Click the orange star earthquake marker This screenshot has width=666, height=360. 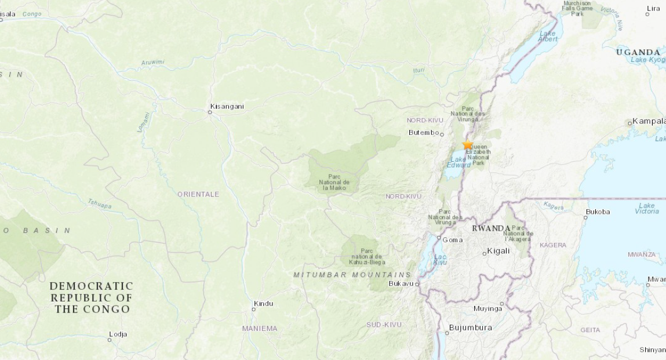468,145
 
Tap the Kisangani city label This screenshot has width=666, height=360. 227,106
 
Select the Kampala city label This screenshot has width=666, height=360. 649,121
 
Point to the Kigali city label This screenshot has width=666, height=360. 498,251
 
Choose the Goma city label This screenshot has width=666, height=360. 453,239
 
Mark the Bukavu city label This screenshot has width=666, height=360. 401,283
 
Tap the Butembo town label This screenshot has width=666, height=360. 424,133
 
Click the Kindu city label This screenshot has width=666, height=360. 263,303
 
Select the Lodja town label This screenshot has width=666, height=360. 118,334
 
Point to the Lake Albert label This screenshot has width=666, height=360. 548,36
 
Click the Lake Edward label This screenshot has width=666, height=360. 457,162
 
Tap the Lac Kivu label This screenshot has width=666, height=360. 441,259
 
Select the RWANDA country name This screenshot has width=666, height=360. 491,228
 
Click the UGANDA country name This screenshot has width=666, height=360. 638,52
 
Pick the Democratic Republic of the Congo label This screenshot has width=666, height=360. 92,297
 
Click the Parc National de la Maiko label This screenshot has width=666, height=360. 334,182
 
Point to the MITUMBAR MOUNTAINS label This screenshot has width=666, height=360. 352,274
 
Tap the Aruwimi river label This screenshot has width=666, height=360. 153,62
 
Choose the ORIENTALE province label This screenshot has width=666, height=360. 198,194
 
